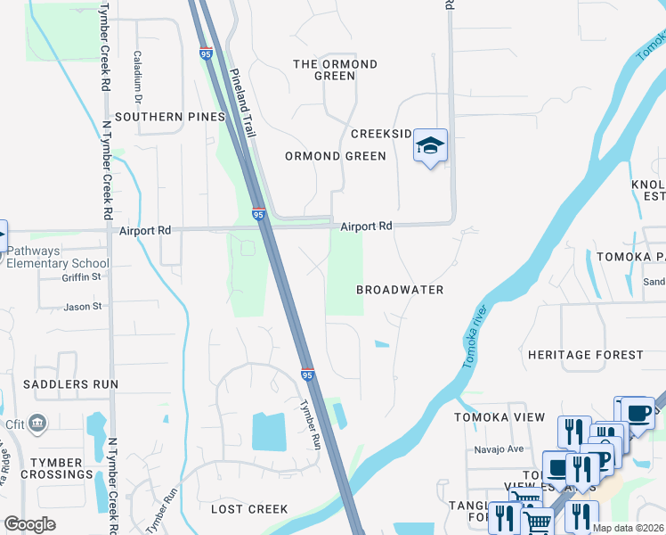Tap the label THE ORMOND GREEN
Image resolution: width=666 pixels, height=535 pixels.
[x=335, y=70]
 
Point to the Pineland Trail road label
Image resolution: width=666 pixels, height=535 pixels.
[x=242, y=103]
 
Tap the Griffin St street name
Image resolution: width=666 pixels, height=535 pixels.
[x=82, y=276]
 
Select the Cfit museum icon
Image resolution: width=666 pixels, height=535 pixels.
[x=38, y=422]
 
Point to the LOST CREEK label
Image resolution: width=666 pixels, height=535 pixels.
[x=249, y=509]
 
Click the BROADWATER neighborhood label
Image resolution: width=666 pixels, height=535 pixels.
[x=400, y=290]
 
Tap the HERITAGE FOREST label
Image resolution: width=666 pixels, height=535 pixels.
[x=585, y=355]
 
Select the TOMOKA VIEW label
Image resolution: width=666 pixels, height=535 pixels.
[x=499, y=417]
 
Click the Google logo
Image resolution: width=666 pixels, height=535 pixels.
[x=29, y=524]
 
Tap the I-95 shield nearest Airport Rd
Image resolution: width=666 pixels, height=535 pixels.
[x=258, y=215]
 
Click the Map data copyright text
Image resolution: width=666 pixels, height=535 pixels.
[x=627, y=528]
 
